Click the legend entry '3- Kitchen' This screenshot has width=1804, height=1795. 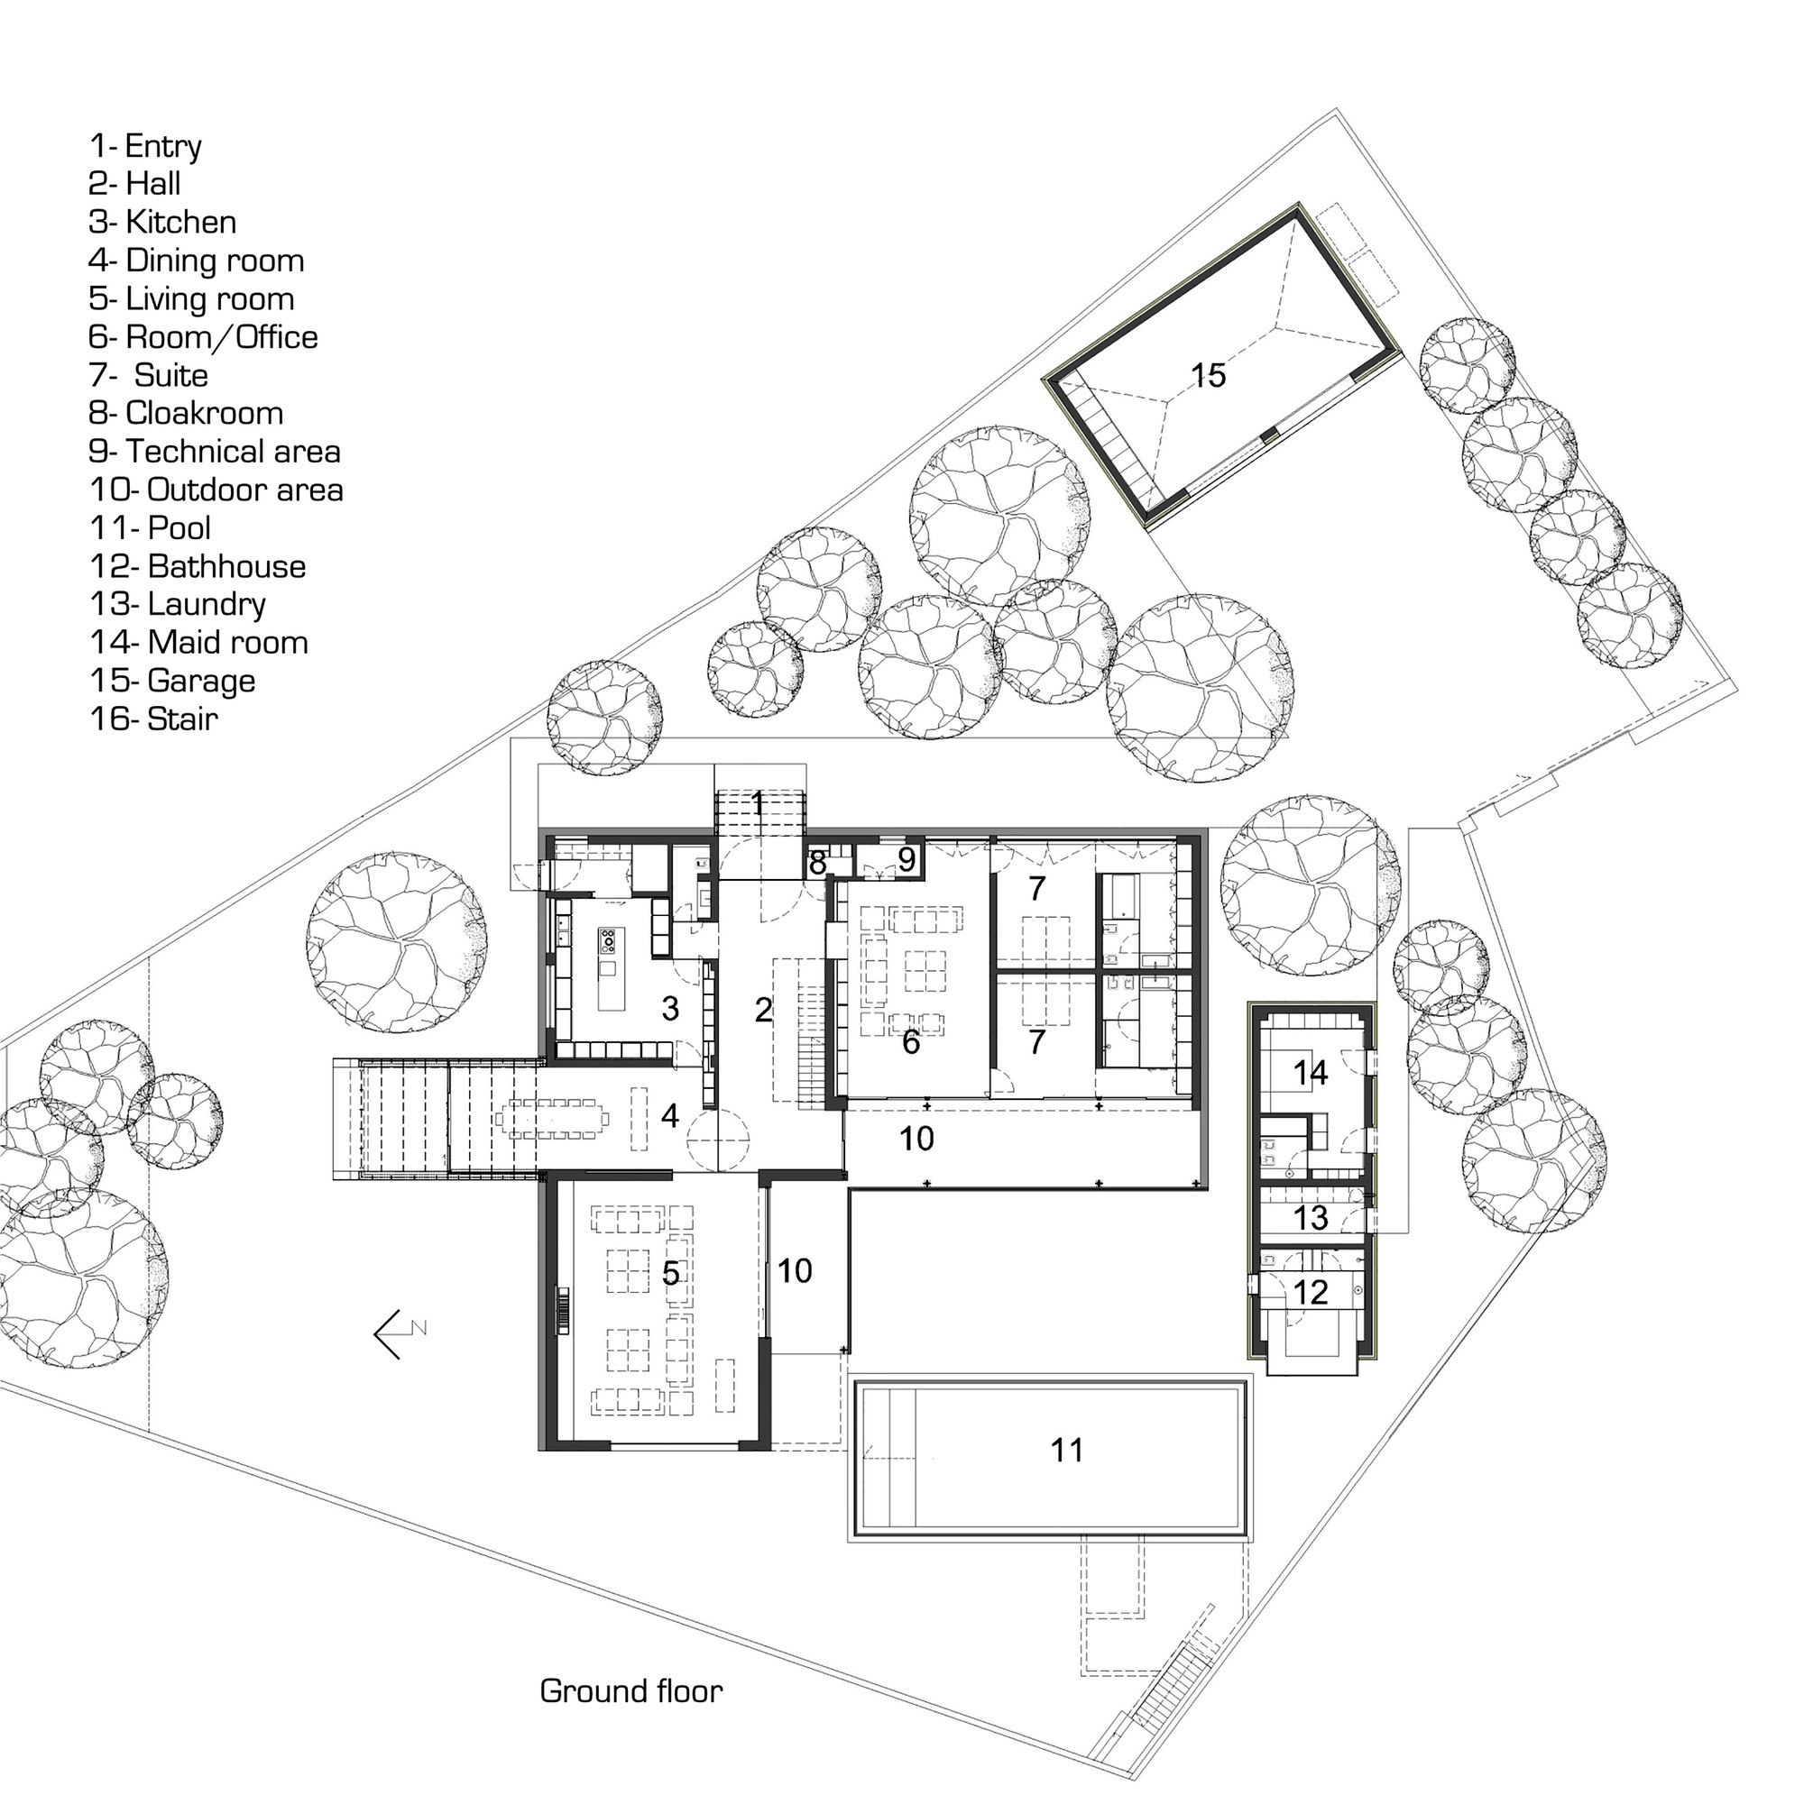162,222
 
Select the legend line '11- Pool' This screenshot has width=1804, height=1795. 151,528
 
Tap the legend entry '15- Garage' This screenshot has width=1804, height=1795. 173,682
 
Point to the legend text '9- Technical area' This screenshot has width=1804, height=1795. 215,452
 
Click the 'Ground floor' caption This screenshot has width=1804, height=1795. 631,1691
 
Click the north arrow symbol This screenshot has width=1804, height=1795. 400,1334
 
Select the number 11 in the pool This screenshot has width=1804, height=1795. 1066,1450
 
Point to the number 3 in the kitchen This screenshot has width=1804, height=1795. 669,1007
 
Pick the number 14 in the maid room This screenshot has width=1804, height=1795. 1310,1073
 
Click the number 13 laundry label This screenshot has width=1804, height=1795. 1311,1217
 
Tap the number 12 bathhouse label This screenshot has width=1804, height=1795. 1311,1292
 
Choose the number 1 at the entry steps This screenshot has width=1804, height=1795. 758,802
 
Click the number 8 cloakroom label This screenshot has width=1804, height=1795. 817,864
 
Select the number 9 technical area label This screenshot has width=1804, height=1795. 907,859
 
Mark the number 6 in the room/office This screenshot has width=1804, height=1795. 910,1042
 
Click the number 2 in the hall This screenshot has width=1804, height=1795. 764,1009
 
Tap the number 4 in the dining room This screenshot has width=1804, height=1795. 669,1114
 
